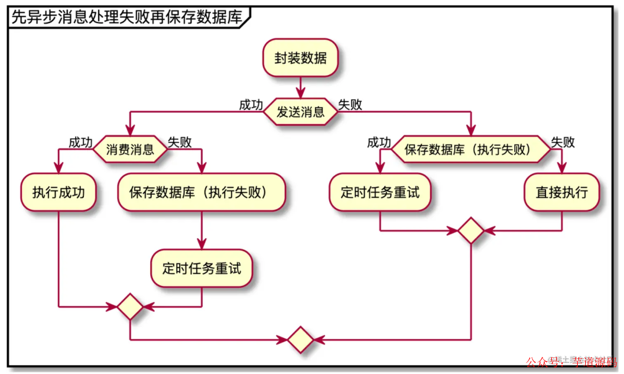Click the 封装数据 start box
click(x=300, y=58)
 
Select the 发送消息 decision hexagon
click(x=300, y=112)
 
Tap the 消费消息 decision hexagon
click(x=131, y=150)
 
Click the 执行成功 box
click(x=58, y=192)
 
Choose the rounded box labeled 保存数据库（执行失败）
click(x=202, y=192)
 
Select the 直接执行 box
click(x=562, y=192)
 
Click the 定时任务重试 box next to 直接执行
click(x=380, y=192)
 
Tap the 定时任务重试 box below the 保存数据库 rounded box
click(x=202, y=268)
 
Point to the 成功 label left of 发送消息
click(x=251, y=105)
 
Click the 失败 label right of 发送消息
click(x=350, y=105)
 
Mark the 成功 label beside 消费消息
click(x=81, y=142)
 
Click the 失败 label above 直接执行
click(x=563, y=142)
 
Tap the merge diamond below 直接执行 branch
click(x=471, y=231)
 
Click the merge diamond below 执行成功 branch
click(x=130, y=306)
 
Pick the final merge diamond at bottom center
click(x=300, y=340)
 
